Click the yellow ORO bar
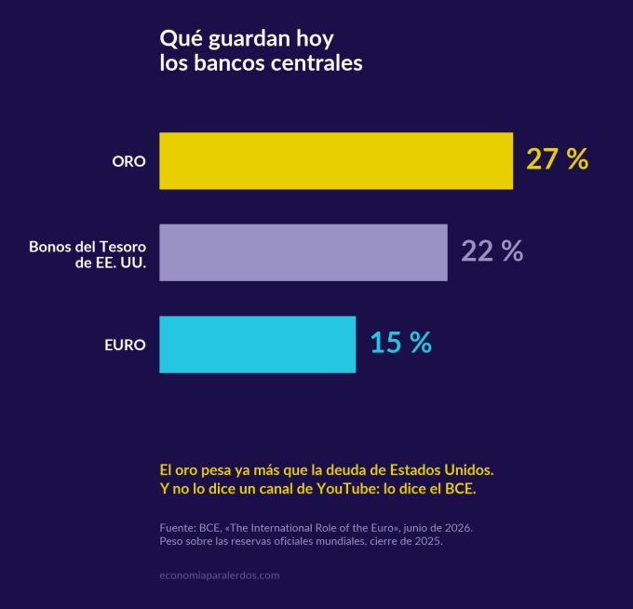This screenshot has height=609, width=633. click(336, 161)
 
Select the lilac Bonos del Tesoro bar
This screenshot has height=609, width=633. click(303, 252)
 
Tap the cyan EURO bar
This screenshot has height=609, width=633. click(258, 345)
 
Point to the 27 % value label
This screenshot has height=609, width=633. click(557, 159)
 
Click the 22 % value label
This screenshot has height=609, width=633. click(492, 250)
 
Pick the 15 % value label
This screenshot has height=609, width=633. click(400, 343)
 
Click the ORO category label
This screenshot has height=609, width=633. click(128, 161)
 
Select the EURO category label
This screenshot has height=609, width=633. click(125, 345)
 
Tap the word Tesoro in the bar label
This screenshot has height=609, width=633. click(123, 247)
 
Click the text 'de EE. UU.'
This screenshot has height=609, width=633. click(111, 263)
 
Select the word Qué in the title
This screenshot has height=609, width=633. click(181, 39)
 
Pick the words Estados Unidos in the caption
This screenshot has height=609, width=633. click(441, 470)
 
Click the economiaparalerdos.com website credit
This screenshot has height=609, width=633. click(220, 575)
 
